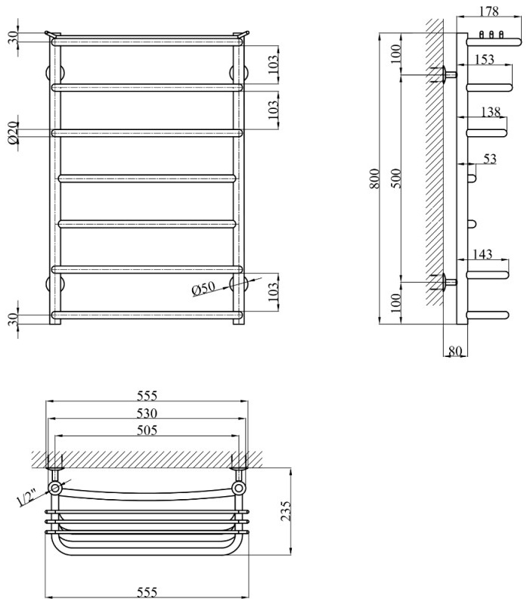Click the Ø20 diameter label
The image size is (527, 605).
tap(13, 133)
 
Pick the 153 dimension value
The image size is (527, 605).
tap(485, 59)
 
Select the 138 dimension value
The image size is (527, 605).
tap(491, 112)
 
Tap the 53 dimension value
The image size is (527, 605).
tap(490, 158)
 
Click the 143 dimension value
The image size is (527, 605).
tap(485, 255)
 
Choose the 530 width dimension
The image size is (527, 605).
tap(147, 413)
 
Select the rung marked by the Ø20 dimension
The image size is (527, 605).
tap(147, 133)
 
